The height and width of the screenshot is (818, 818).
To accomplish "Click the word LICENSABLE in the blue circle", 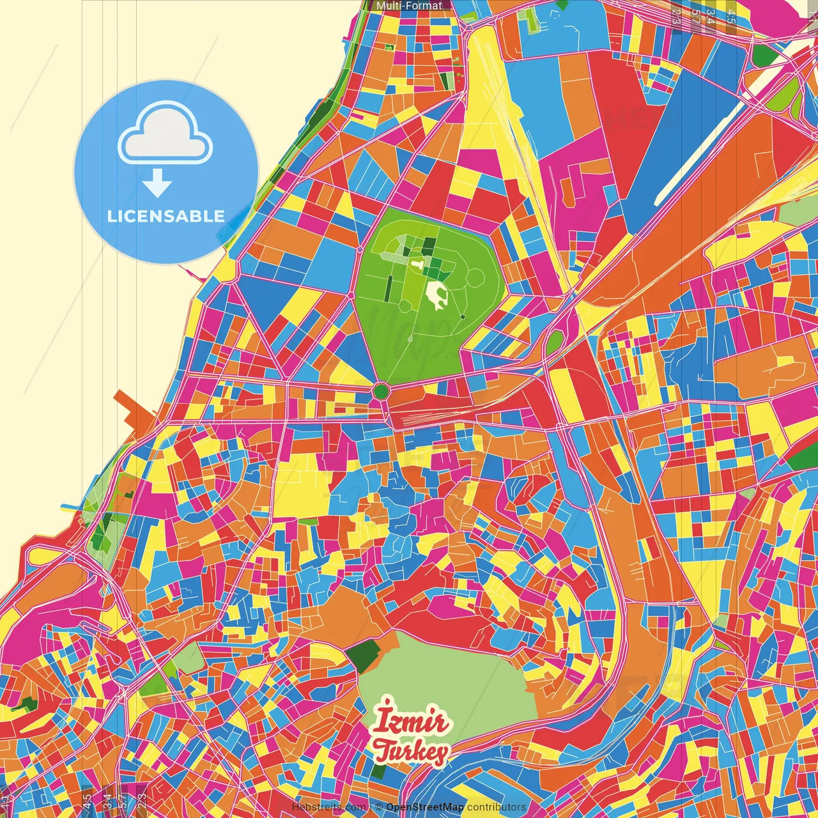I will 166,216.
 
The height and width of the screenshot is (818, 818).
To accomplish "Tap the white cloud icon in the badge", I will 166,135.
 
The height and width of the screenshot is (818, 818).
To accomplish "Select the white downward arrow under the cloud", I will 157,185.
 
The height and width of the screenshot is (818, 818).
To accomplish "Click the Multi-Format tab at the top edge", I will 409,6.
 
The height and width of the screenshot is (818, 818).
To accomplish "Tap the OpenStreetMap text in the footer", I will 424,807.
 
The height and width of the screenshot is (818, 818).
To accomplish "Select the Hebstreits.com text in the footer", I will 328,807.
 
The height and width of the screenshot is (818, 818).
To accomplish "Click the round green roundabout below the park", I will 381,391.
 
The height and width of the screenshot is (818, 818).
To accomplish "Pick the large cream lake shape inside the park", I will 437,297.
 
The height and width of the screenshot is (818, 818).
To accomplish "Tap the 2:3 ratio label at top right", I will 676,16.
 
